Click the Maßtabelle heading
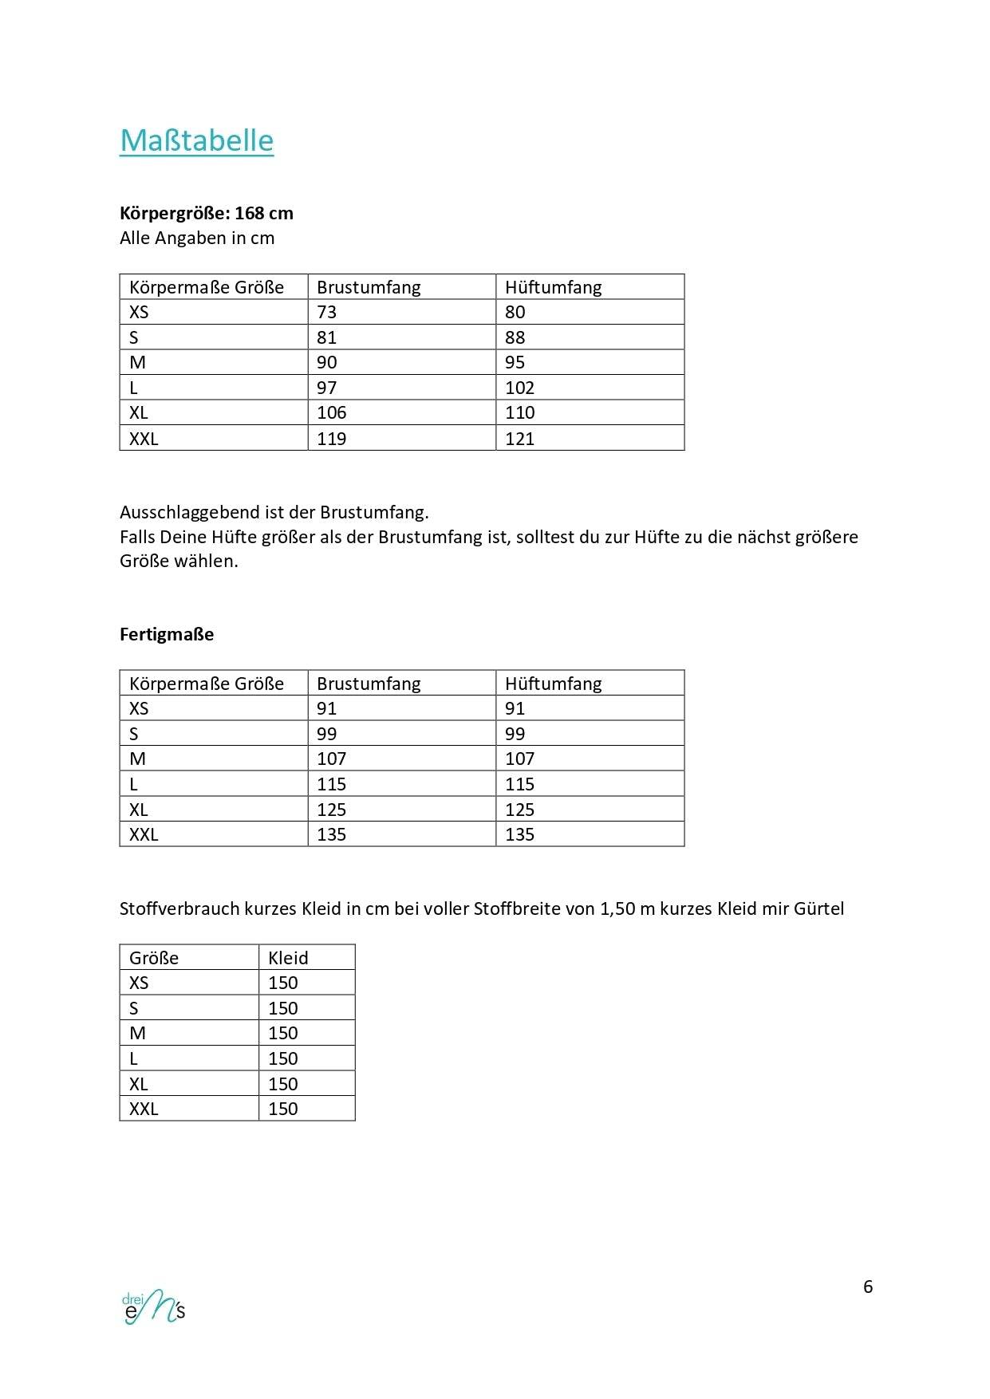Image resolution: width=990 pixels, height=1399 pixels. [196, 140]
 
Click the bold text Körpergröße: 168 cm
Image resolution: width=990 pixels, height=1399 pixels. [207, 213]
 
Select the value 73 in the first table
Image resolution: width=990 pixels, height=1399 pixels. [327, 312]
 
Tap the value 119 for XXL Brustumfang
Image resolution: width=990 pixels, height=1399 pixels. [332, 438]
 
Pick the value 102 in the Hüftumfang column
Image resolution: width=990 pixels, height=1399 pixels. [519, 388]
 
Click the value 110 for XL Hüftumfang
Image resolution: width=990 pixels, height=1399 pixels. [519, 412]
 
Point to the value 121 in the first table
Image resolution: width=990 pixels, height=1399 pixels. [519, 438]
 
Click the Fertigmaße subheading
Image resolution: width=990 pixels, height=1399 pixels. [167, 634]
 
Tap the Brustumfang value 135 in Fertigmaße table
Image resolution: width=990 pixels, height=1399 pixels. [332, 834]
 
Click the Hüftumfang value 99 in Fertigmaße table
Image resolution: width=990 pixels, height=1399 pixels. [515, 734]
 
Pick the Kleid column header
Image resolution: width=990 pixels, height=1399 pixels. [288, 958]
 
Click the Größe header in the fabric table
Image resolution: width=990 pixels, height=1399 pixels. [154, 958]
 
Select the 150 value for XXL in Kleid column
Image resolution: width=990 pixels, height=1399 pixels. [283, 1109]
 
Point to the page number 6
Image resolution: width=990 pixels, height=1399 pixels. [868, 1287]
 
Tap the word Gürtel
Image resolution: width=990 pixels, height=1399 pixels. [818, 908]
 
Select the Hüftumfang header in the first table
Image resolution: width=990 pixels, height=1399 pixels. [554, 287]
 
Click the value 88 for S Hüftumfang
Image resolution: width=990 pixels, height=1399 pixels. [515, 337]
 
